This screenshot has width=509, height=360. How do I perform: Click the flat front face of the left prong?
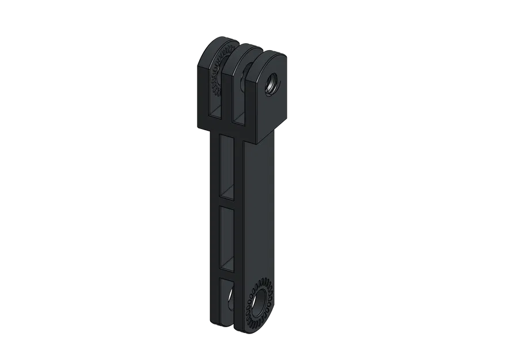[207, 92]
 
